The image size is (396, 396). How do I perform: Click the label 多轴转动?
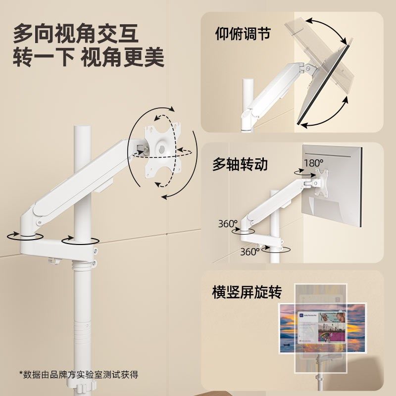pyautogui.click(x=240, y=164)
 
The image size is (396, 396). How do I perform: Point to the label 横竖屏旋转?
pyautogui.click(x=247, y=292)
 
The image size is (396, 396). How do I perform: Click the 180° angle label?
pyautogui.click(x=313, y=162)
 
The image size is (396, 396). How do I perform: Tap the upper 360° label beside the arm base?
pyautogui.click(x=228, y=223)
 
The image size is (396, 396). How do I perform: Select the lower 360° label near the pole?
pyautogui.click(x=250, y=251)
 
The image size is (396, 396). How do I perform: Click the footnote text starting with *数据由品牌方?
pyautogui.click(x=79, y=374)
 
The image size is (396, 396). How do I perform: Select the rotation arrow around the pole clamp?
pyautogui.click(x=79, y=241)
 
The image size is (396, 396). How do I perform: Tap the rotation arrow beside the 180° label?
pyautogui.click(x=300, y=172)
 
